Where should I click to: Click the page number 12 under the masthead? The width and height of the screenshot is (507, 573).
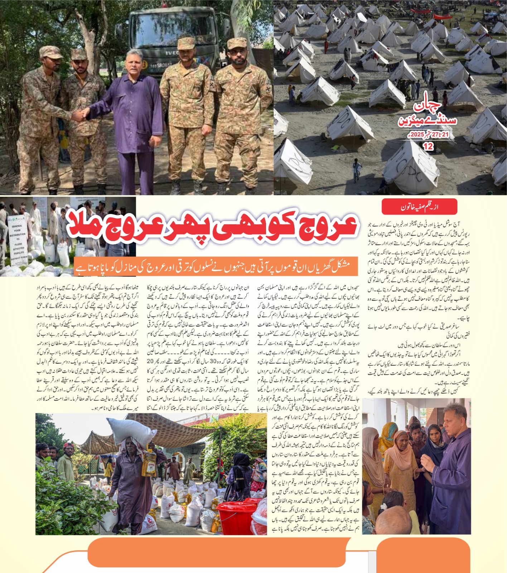(428, 146)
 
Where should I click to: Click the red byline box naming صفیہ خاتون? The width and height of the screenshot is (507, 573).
(419, 207)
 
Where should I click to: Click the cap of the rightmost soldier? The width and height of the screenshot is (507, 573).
(237, 43)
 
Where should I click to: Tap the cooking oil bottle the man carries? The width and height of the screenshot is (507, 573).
(149, 463)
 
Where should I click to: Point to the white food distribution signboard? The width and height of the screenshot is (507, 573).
(18, 240)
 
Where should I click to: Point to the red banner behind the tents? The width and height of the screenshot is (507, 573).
(443, 16)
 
